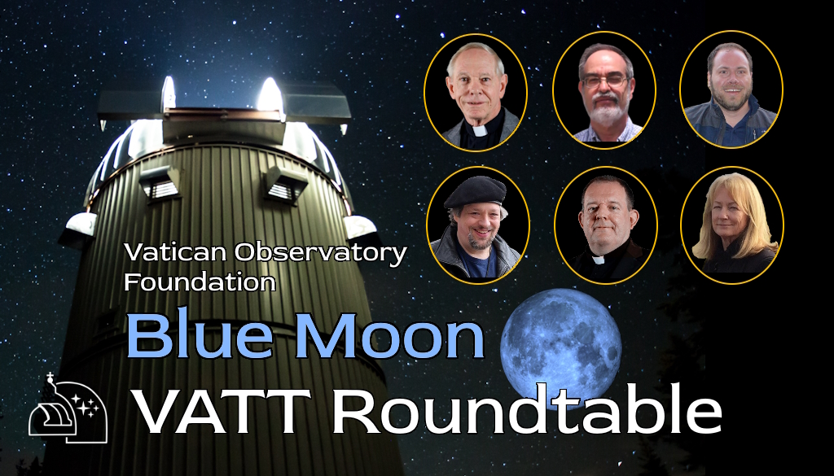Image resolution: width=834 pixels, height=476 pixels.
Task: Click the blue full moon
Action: click(x=561, y=348)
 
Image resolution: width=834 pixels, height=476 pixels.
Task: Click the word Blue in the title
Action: click(x=202, y=336)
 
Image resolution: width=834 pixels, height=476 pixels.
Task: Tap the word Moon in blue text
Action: click(x=393, y=336)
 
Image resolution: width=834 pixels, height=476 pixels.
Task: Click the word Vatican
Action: click(x=175, y=252)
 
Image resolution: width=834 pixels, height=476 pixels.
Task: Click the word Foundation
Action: click(x=200, y=281)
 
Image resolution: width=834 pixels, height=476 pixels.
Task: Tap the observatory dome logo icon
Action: click(x=68, y=408)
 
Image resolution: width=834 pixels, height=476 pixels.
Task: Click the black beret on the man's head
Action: click(x=475, y=191)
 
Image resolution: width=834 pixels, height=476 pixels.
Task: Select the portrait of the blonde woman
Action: click(x=732, y=225)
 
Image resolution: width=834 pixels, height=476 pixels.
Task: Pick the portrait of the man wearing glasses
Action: click(x=604, y=90)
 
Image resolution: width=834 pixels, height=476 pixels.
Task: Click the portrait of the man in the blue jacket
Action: click(x=731, y=90)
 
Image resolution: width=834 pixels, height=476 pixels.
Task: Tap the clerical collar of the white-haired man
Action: click(x=479, y=129)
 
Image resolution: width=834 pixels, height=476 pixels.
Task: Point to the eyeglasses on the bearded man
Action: click(x=605, y=81)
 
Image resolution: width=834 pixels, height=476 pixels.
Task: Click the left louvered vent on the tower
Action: click(x=159, y=184)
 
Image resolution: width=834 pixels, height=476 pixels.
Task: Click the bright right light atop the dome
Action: click(x=270, y=96)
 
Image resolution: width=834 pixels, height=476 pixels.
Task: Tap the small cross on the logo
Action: click(x=50, y=378)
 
